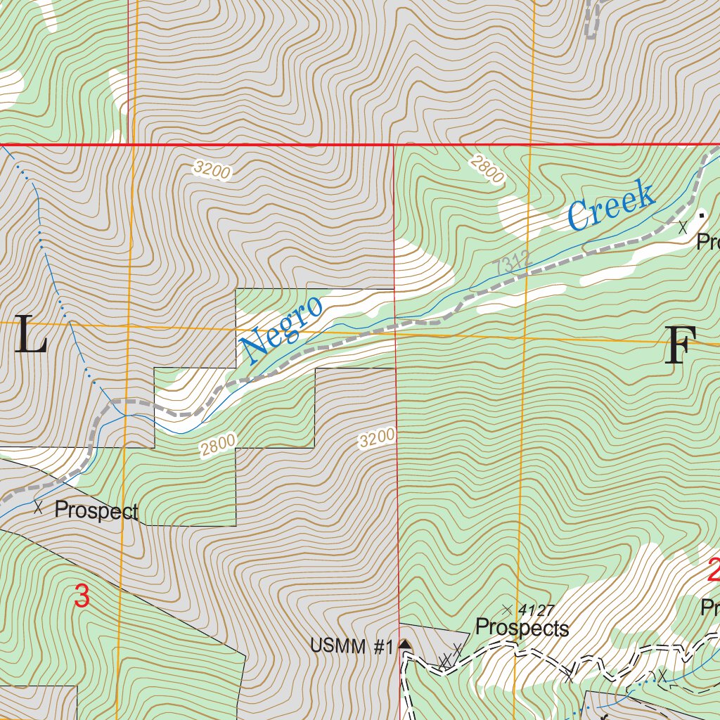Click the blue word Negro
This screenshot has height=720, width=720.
coord(281,328)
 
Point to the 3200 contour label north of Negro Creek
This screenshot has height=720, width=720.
coord(212,170)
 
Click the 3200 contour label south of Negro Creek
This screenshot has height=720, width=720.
coord(376,439)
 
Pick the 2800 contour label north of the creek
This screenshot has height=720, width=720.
coord(487,169)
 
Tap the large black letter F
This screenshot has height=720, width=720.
coord(680,346)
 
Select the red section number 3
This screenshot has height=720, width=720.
coord(82,596)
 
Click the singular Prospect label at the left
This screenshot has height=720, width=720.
coord(96,510)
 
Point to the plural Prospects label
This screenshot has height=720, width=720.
coord(522,628)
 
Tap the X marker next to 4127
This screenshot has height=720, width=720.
coord(507,609)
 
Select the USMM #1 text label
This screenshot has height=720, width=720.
coord(352,646)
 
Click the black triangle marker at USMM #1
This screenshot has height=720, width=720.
coord(404,644)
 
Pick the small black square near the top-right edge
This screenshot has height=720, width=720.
coord(701,212)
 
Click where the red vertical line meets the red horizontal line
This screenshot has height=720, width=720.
coord(393,146)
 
